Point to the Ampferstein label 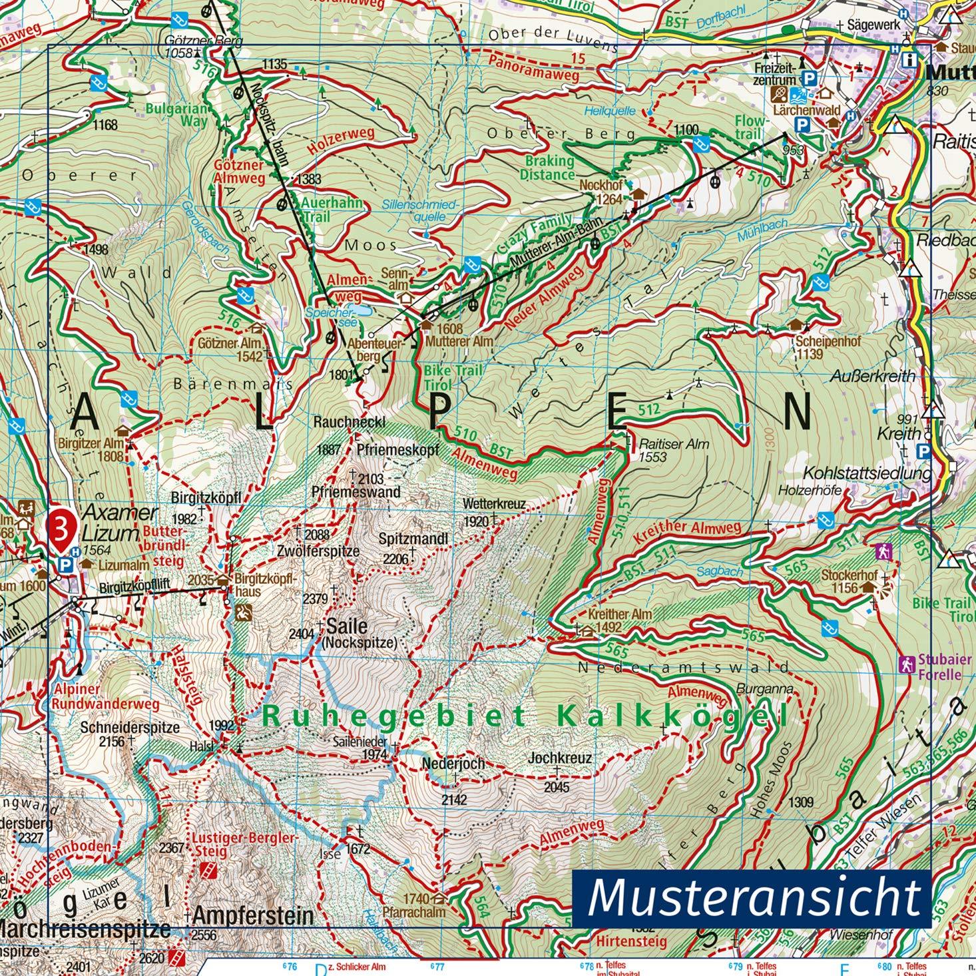pos(252,915)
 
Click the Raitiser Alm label pos(674,443)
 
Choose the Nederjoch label pos(453,764)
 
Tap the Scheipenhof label pos(828,341)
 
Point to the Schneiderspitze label pos(129,728)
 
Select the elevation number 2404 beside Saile pos(301,634)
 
